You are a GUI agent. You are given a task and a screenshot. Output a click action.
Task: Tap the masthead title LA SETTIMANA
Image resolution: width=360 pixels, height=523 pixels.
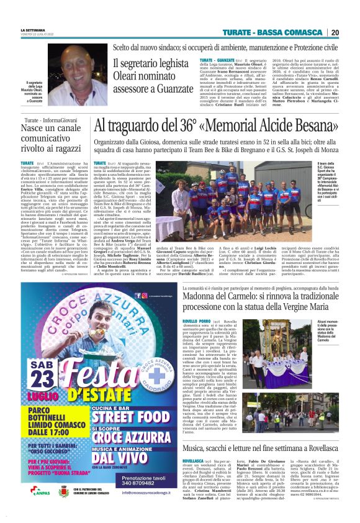tap(32, 29)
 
